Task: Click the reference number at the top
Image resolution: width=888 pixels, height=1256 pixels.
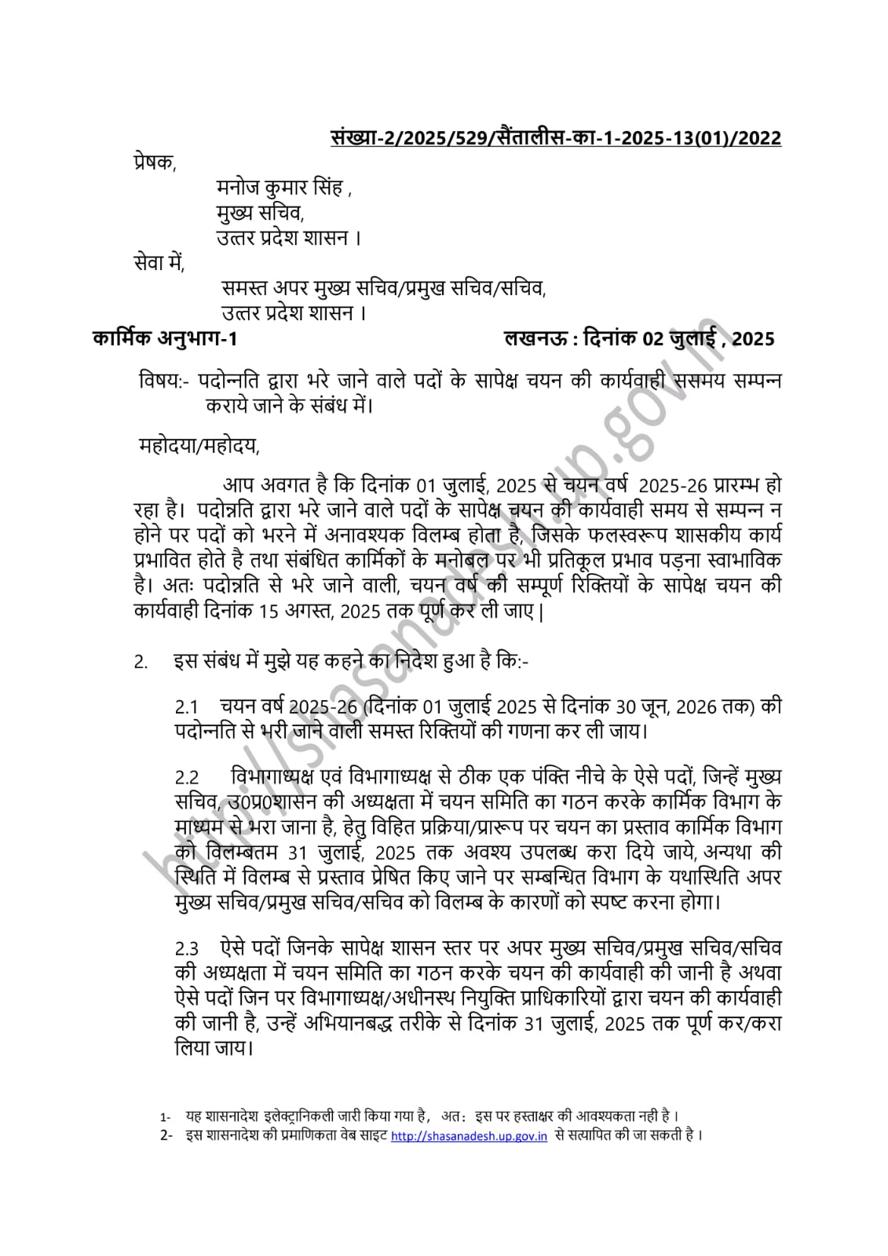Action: point(555,138)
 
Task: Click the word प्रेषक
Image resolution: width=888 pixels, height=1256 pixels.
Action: point(155,164)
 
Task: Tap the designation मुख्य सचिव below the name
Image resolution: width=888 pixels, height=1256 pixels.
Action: point(259,214)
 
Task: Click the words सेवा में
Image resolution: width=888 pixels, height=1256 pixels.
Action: point(159,263)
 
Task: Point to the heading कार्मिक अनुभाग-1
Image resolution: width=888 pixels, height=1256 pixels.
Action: point(164,338)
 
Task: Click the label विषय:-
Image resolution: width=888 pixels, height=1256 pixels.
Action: point(163,382)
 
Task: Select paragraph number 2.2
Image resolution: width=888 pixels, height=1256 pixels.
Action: point(187,778)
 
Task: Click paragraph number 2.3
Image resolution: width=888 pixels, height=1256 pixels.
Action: point(187,949)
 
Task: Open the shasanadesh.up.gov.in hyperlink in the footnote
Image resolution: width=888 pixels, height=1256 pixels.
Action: point(469,1136)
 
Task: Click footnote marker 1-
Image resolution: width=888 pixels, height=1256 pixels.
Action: point(165,1116)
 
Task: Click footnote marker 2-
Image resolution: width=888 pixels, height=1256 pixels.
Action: point(166,1136)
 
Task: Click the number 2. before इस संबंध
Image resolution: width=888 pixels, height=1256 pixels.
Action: point(141,663)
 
